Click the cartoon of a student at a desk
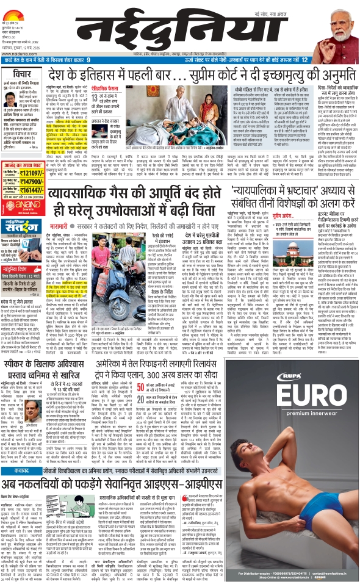(95, 503)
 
